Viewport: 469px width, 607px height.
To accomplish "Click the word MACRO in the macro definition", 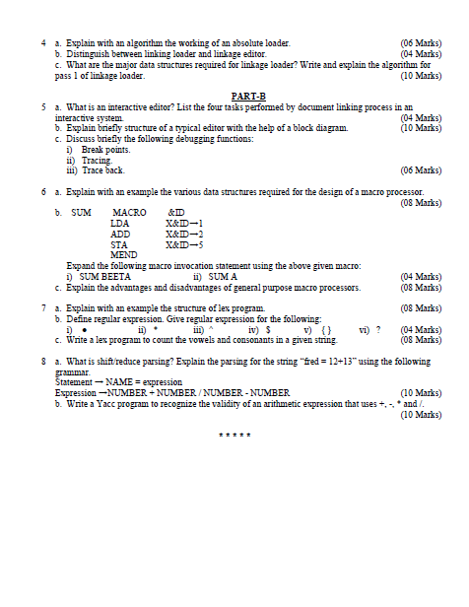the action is (x=129, y=213).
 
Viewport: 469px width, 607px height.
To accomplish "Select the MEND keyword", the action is (x=124, y=255).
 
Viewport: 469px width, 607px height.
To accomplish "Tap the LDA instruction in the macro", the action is (x=119, y=224).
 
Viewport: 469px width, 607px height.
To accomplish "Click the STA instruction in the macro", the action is (x=119, y=244).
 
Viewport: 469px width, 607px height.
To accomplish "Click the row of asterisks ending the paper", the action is (x=234, y=436).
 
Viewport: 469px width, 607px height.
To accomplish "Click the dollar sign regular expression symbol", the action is (x=269, y=330).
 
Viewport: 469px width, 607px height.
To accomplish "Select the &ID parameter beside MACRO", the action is (x=177, y=213).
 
